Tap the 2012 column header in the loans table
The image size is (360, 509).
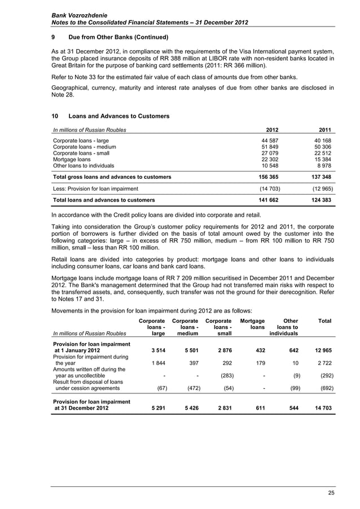click(x=272, y=130)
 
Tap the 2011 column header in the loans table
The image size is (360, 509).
click(x=326, y=130)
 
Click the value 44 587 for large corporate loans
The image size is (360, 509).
click(x=269, y=141)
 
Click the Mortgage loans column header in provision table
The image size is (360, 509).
click(x=252, y=324)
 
